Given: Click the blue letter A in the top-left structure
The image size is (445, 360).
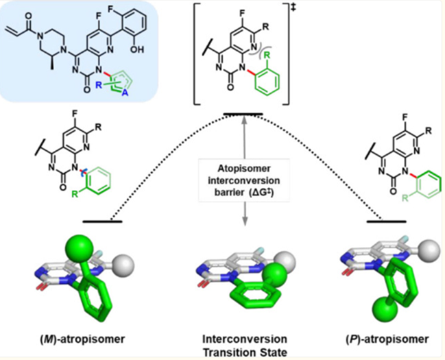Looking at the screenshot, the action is tap(125, 94).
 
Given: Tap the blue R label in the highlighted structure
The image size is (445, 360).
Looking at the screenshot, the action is tap(99, 85).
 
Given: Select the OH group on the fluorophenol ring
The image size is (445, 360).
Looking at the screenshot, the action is tap(137, 49).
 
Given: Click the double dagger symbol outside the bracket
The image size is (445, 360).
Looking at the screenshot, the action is tap(293, 8).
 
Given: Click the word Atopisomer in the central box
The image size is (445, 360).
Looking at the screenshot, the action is tap(244, 169).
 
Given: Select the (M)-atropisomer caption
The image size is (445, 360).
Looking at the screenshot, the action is tap(82, 339).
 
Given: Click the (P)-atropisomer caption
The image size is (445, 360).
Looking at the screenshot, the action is tap(387, 339).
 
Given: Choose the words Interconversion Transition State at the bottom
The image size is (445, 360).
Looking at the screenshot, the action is tap(245, 346).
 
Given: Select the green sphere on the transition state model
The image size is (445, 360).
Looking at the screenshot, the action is tap(274, 276).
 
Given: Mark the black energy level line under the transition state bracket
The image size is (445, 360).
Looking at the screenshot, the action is tap(243, 114).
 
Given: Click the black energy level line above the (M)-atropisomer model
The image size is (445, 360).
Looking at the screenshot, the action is tap(102, 221).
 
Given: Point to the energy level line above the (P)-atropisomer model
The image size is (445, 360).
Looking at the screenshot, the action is tap(387, 221).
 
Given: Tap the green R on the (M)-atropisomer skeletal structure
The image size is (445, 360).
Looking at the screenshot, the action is tap(75, 195).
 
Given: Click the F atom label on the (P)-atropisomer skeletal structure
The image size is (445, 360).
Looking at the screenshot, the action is tap(405, 117).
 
